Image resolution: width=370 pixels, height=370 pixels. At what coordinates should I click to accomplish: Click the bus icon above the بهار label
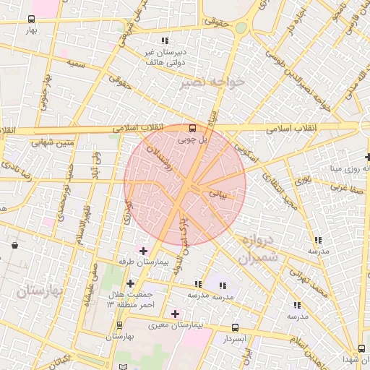pyautogui.click(x=31, y=20)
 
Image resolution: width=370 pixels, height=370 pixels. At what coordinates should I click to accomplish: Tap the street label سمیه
pyautogui.click(x=77, y=64)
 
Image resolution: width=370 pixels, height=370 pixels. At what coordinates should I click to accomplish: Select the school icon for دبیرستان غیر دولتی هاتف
pyautogui.click(x=165, y=41)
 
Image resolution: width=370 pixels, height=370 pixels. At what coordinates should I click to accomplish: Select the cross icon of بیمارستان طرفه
pyautogui.click(x=143, y=250)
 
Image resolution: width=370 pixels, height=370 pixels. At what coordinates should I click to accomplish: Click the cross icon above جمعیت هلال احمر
pyautogui.click(x=130, y=283)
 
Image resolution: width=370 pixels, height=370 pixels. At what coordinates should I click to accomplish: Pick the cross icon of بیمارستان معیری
pyautogui.click(x=175, y=314)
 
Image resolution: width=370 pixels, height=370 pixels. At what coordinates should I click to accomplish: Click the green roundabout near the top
pyautogui.click(x=241, y=28)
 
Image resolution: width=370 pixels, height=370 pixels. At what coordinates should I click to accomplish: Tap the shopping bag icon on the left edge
pyautogui.click(x=15, y=245)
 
